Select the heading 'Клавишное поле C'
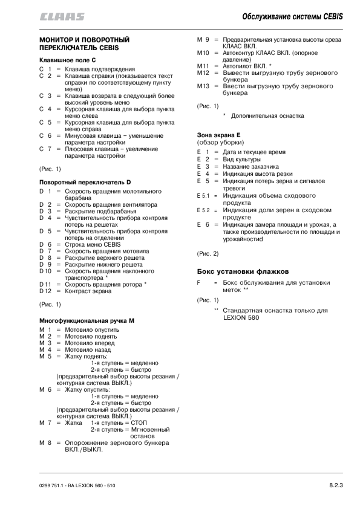point(68,61)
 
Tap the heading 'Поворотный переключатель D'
point(85,182)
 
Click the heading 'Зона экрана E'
point(219,135)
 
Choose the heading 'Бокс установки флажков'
point(240,271)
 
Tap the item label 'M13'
point(203,86)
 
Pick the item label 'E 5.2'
point(203,210)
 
